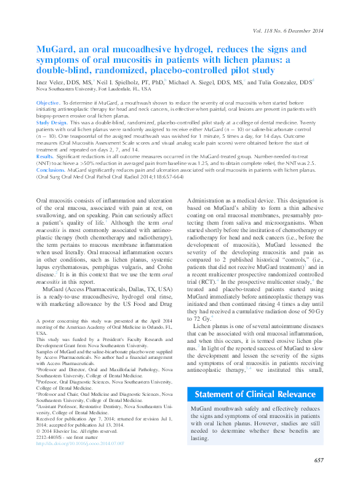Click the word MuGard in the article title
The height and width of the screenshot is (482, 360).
54,49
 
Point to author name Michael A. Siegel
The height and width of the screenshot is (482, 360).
186,81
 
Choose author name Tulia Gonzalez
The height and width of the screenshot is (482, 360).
276,81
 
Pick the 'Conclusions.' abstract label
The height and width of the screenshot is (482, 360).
52,170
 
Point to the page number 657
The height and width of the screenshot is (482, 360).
318,460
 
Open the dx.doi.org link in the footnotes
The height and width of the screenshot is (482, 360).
80,443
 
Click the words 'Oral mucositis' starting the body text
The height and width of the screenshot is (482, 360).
54,201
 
